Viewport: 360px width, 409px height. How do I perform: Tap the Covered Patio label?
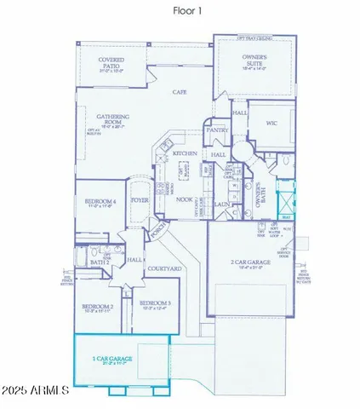[x=111, y=62]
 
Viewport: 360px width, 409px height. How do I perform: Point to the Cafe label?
[x=180, y=91]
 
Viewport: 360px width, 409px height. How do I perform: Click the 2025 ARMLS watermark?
[x=37, y=390]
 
